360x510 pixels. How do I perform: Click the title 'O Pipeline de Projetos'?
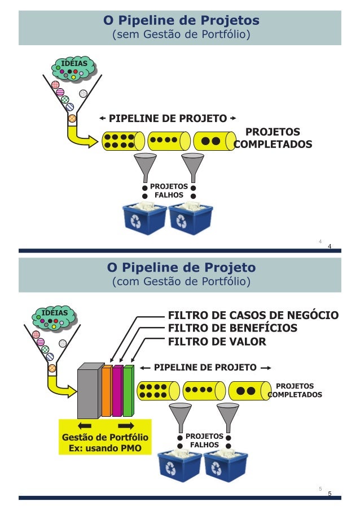click(181, 20)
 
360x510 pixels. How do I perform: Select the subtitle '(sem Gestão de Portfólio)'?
click(181, 36)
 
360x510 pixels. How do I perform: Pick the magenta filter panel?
click(117, 391)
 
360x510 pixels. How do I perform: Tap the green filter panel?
click(128, 391)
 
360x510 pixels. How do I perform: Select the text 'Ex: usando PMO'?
click(105, 448)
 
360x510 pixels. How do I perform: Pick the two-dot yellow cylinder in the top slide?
click(214, 141)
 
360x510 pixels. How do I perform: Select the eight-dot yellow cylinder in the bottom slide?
click(158, 390)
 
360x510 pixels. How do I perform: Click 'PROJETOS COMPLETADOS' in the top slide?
click(273, 138)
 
